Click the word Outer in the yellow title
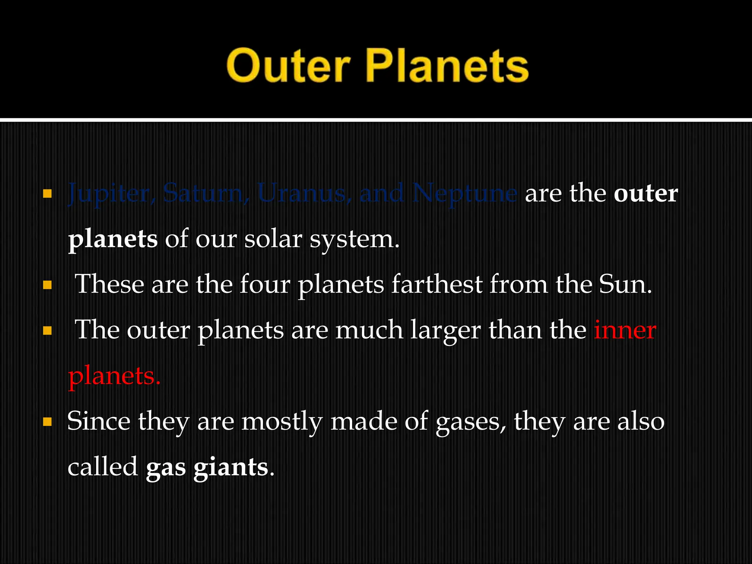(x=288, y=66)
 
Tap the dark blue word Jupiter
(x=108, y=194)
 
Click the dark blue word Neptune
(x=464, y=194)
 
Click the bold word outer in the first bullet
(x=646, y=194)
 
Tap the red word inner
(x=625, y=330)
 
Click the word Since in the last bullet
(x=98, y=421)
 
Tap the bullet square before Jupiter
(x=47, y=194)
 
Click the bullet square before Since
(x=47, y=422)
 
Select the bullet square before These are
(x=47, y=285)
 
